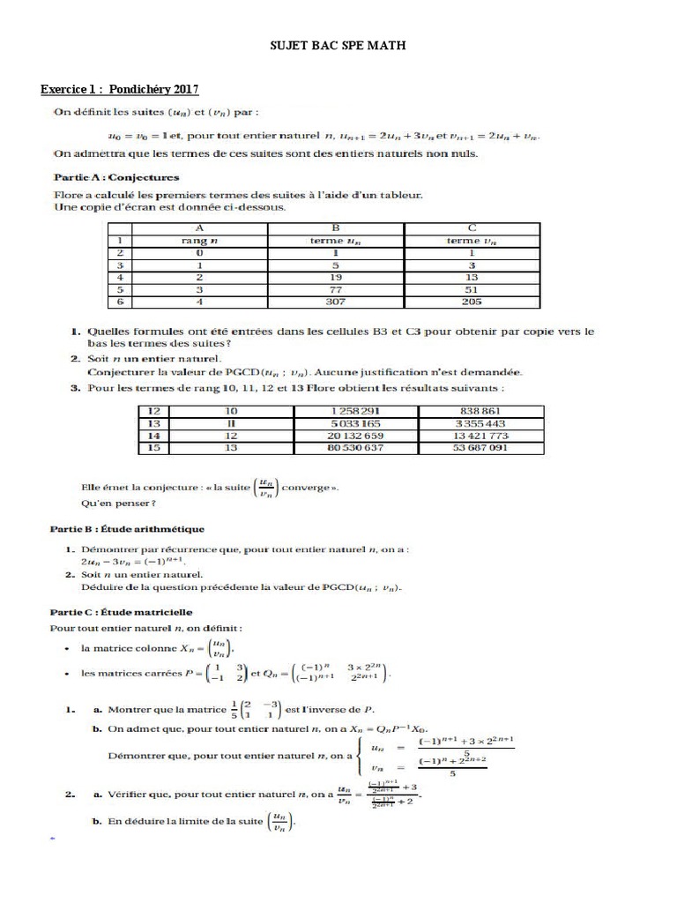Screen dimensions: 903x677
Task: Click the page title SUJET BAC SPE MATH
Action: [338, 44]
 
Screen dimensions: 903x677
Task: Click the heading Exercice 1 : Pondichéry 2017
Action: [120, 89]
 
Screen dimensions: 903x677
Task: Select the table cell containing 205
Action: [472, 302]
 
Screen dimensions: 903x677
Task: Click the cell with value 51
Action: [472, 289]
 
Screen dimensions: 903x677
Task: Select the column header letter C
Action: [472, 227]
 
